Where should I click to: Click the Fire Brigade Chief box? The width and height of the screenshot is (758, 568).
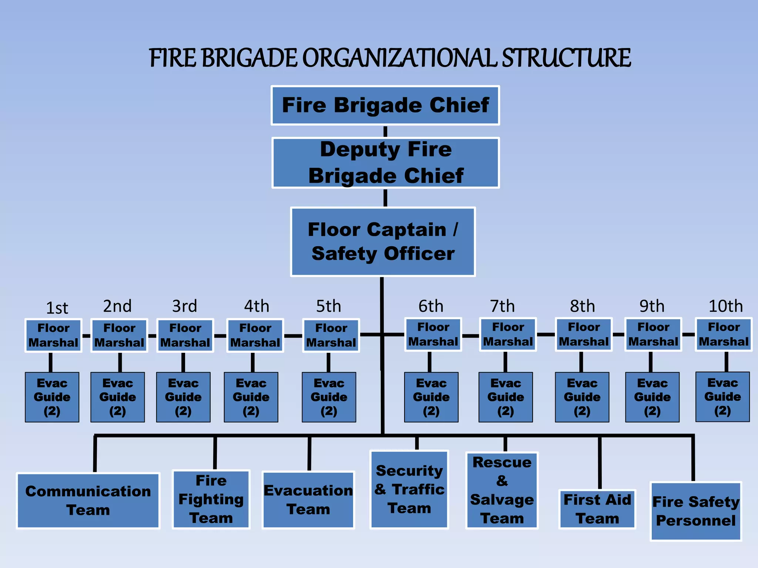coord(385,105)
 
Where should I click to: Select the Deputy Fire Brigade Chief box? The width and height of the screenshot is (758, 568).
coord(385,163)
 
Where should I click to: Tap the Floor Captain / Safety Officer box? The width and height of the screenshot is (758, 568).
coord(383,241)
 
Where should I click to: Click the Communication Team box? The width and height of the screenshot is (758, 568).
coord(88,500)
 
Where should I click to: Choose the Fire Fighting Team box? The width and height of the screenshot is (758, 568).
coord(211,499)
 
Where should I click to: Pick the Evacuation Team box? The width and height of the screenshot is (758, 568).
coord(308,500)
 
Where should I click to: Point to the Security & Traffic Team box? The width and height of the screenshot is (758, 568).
coord(409,490)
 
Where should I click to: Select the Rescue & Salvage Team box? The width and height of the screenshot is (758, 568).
coord(502,490)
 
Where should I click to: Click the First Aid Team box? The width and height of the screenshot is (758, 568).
coord(597,509)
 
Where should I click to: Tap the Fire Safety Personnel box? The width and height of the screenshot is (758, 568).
coord(695,511)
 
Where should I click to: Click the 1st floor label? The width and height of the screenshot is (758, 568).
coord(57,308)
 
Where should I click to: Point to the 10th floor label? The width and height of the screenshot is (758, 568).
coord(725,306)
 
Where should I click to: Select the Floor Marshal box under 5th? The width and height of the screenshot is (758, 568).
coord(331,335)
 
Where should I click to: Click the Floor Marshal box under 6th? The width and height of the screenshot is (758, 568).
coord(433,334)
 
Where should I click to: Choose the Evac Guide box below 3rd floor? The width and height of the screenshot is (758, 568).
coord(183,397)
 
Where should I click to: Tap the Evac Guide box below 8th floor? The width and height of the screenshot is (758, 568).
coord(582,397)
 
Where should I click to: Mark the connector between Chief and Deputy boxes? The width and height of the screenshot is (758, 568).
coord(385,131)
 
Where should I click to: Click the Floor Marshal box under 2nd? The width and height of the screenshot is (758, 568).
coord(119,335)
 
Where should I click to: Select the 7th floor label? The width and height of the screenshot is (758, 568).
coord(502,306)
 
